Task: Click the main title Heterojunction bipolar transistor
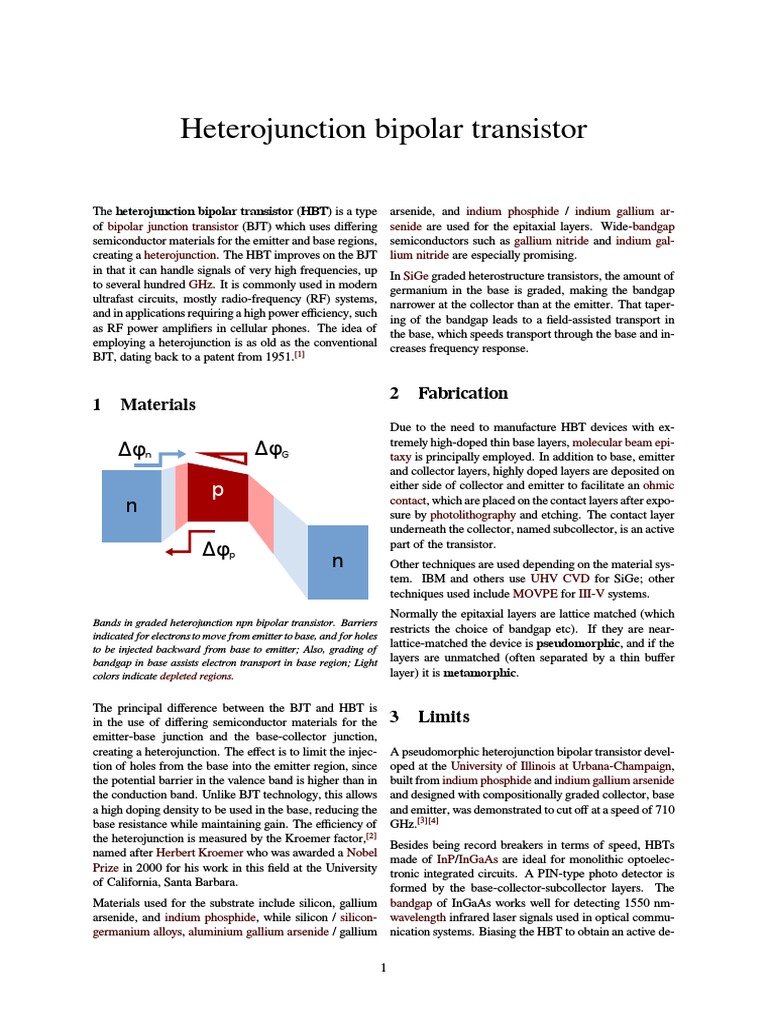point(383,129)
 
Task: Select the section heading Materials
point(157,405)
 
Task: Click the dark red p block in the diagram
point(217,492)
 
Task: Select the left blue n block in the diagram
point(131,506)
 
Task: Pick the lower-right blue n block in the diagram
point(337,561)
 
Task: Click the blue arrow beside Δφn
point(172,454)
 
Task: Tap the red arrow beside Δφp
point(180,549)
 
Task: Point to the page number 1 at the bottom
point(383,968)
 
